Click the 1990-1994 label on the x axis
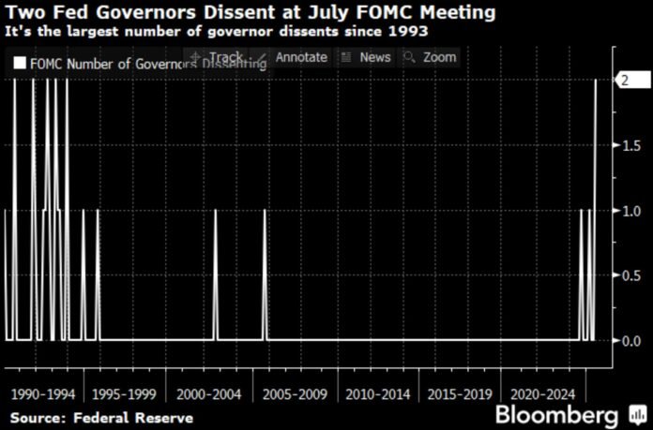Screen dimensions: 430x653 pos(42,394)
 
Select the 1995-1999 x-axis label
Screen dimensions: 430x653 pos(125,394)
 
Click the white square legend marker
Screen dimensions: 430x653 pos(20,64)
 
